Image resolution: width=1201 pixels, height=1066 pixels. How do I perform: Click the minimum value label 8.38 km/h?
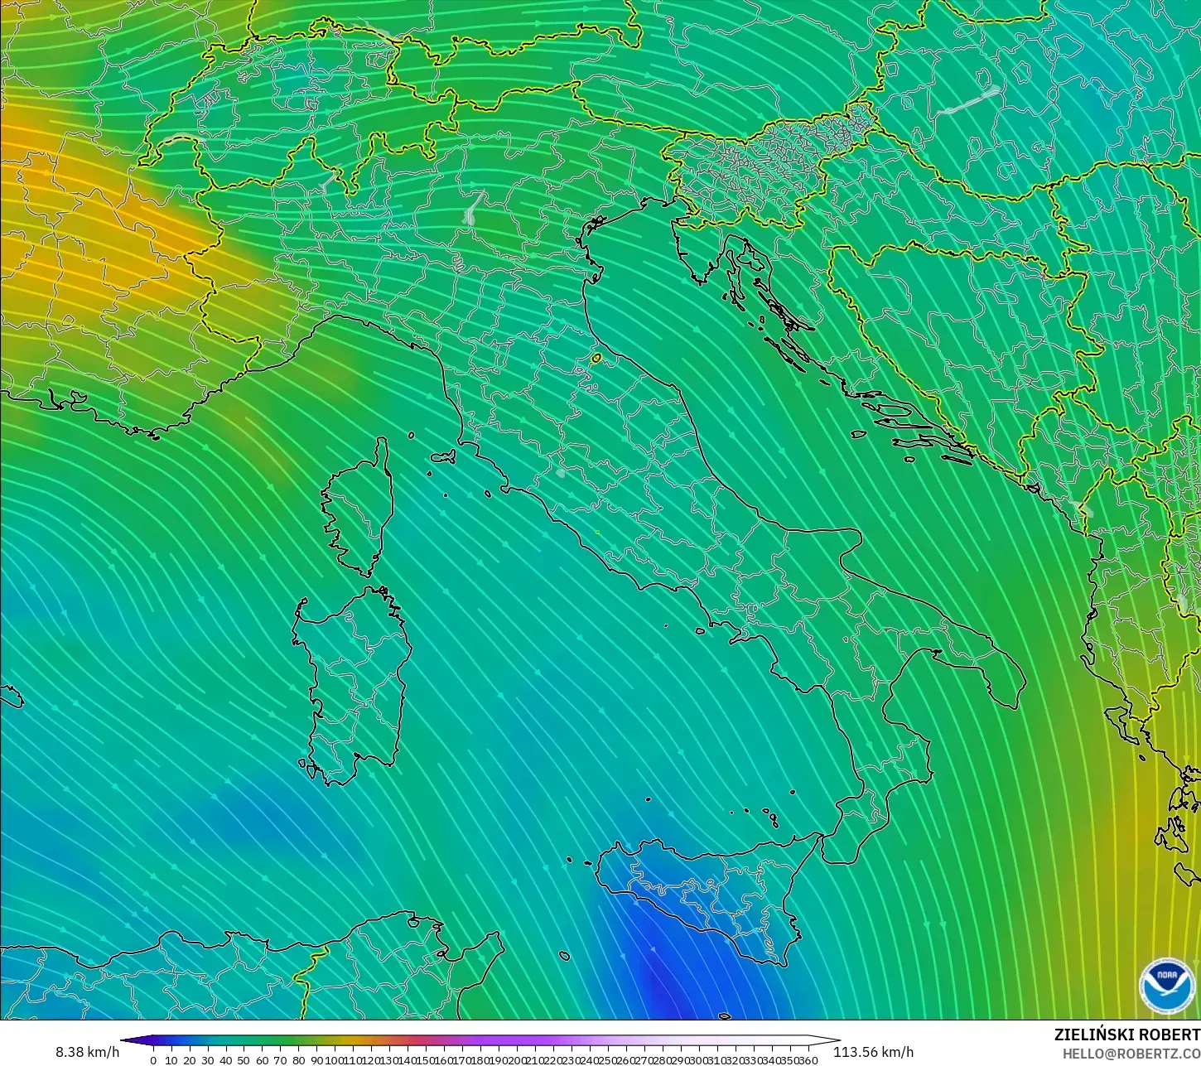(87, 1052)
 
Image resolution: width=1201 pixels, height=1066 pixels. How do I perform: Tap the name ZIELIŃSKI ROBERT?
(1126, 1035)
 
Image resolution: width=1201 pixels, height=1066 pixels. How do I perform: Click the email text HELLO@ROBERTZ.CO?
(1131, 1054)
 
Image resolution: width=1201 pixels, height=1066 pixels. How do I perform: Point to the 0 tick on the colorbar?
(153, 1060)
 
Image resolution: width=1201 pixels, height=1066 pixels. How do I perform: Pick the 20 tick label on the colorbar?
(189, 1060)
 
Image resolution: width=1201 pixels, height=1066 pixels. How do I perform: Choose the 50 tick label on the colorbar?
(244, 1060)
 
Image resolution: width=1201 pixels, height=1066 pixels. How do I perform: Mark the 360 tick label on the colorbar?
(808, 1060)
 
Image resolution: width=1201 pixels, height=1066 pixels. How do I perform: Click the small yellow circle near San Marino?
(596, 359)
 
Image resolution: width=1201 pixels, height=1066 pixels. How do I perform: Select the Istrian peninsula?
(694, 248)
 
